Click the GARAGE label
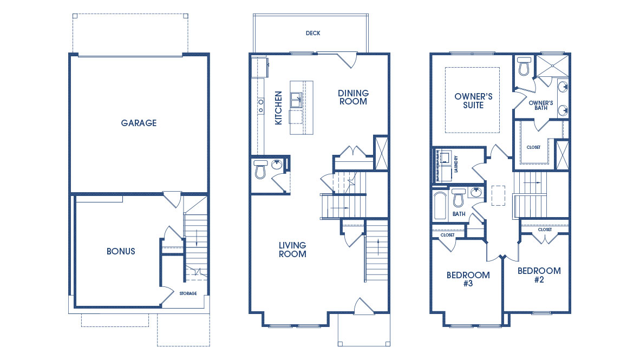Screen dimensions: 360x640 tap(139, 123)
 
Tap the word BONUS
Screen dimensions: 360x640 tap(121, 251)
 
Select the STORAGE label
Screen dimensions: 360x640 tap(188, 293)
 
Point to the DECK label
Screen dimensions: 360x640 tap(313, 33)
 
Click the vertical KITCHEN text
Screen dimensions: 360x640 tap(278, 108)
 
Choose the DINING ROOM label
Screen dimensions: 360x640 tap(353, 97)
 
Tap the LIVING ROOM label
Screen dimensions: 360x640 tap(292, 250)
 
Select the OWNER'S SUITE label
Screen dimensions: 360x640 tap(473, 101)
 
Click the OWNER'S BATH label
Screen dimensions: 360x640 tap(540, 105)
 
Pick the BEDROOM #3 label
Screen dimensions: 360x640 tap(468, 279)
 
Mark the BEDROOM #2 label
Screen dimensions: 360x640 tap(539, 275)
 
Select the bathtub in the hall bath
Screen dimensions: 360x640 tap(440, 206)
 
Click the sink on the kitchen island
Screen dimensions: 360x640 tap(296, 100)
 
